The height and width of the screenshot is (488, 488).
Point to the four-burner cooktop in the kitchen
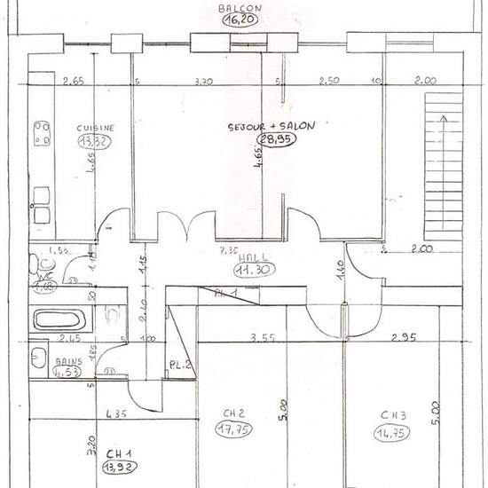pyautogui.click(x=42, y=133)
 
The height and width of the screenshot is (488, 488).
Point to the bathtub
pyautogui.click(x=60, y=319)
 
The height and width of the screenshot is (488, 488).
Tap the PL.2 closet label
pyautogui.click(x=180, y=365)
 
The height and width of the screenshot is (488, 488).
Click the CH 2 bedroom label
pyautogui.click(x=232, y=413)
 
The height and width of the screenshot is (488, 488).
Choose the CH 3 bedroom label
pyautogui.click(x=393, y=414)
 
